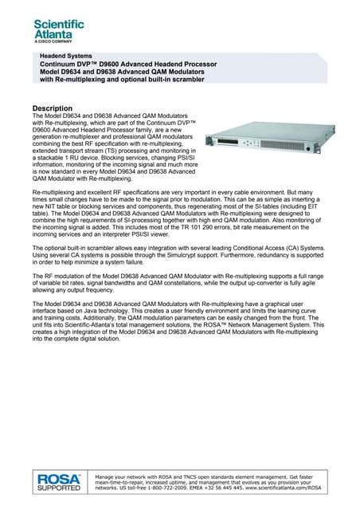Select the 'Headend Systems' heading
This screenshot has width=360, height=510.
(x=72, y=57)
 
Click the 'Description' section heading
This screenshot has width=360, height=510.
(x=52, y=108)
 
